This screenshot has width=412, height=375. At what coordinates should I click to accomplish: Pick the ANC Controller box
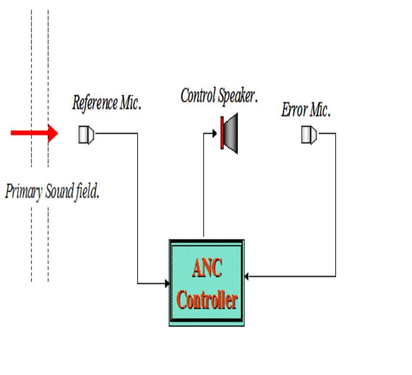pos(206,283)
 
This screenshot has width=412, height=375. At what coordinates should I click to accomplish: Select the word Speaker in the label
pos(237,96)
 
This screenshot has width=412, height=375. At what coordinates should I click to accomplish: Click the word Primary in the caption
pos(24,192)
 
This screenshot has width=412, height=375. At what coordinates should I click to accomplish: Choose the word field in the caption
pos(87,192)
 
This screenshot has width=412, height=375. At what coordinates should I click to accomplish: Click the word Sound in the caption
pos(59,192)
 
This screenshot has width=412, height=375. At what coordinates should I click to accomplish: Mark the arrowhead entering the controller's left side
pos(167,283)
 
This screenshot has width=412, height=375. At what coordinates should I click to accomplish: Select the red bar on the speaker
pos(222,133)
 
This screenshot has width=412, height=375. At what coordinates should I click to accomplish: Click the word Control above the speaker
pos(198,96)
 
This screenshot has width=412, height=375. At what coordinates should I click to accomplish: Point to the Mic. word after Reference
pos(130,103)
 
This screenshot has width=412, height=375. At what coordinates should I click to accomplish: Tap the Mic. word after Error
pos(319,111)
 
